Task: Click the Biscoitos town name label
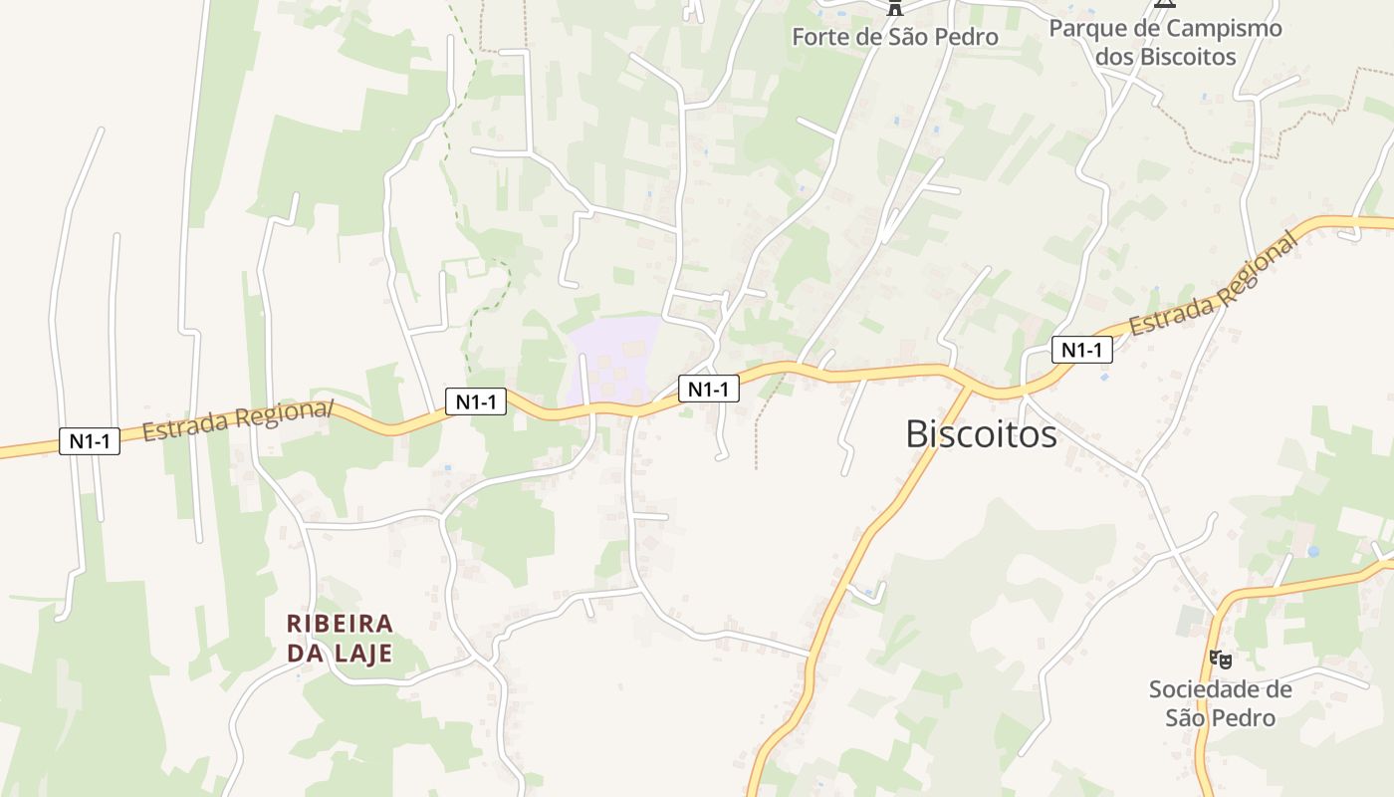[x=981, y=434]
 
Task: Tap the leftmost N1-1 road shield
[x=90, y=441]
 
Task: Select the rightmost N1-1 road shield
[x=1081, y=350]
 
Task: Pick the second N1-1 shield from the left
[x=476, y=401]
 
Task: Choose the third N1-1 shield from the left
[x=709, y=389]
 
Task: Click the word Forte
[x=821, y=38]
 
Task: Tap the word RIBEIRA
[x=341, y=624]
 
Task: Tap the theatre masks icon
[x=1220, y=659]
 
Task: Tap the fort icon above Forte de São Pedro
[x=895, y=8]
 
